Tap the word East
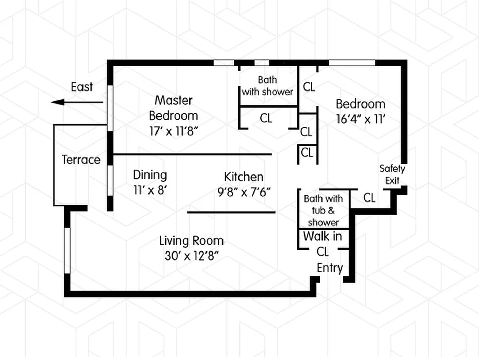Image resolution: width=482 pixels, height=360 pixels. [x=82, y=87]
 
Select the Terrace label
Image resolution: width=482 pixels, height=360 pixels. [x=81, y=160]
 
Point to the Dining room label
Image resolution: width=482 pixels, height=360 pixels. [x=150, y=175]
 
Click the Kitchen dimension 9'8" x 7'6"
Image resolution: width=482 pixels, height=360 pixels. [x=243, y=192]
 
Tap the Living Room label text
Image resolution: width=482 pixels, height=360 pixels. [x=191, y=241]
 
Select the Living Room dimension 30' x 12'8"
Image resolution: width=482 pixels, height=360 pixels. [x=191, y=256]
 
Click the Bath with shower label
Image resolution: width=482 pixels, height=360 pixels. [x=268, y=86]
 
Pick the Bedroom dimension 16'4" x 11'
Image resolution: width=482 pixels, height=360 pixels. [x=360, y=120]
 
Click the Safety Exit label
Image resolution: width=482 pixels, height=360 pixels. [x=392, y=175]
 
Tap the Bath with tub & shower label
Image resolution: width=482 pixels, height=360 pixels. [x=323, y=210]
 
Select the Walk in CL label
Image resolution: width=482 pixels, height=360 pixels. [x=323, y=243]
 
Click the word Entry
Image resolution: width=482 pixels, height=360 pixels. [x=330, y=268]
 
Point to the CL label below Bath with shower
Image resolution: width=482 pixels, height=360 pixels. [x=266, y=118]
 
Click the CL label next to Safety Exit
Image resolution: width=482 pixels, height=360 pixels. [x=369, y=198]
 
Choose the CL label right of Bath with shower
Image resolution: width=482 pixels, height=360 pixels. [x=309, y=87]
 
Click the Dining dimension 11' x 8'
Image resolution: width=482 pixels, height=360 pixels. [x=150, y=190]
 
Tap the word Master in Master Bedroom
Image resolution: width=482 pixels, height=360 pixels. [x=173, y=100]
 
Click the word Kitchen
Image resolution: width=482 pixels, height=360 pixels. [x=243, y=177]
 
